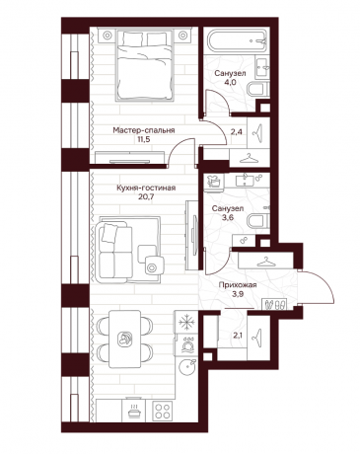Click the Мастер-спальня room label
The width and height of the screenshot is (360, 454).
(x=144, y=130)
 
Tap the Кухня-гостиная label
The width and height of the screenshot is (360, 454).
(x=146, y=189)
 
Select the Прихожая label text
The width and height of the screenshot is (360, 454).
(x=238, y=285)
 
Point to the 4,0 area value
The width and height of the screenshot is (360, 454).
(x=230, y=83)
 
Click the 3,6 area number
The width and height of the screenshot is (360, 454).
(x=228, y=217)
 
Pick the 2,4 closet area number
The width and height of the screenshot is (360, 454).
(x=236, y=132)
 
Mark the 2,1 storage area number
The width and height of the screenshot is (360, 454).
(x=237, y=336)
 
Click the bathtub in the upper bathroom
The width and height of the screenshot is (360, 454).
(x=239, y=41)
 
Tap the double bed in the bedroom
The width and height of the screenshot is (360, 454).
(x=144, y=66)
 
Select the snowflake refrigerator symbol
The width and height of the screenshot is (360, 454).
(x=186, y=322)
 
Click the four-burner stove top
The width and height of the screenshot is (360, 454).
(x=163, y=411)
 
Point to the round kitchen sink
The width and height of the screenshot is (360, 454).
(x=187, y=366)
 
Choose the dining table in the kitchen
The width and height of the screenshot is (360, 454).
(x=125, y=340)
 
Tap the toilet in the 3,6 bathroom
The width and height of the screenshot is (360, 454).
(x=258, y=221)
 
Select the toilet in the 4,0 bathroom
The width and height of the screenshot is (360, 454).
(x=258, y=89)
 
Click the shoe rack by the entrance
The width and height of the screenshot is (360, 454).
(x=275, y=304)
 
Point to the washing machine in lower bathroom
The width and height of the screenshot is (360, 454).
(x=214, y=183)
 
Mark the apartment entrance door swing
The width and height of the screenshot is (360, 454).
(x=318, y=287)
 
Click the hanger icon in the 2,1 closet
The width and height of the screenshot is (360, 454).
(x=257, y=338)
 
